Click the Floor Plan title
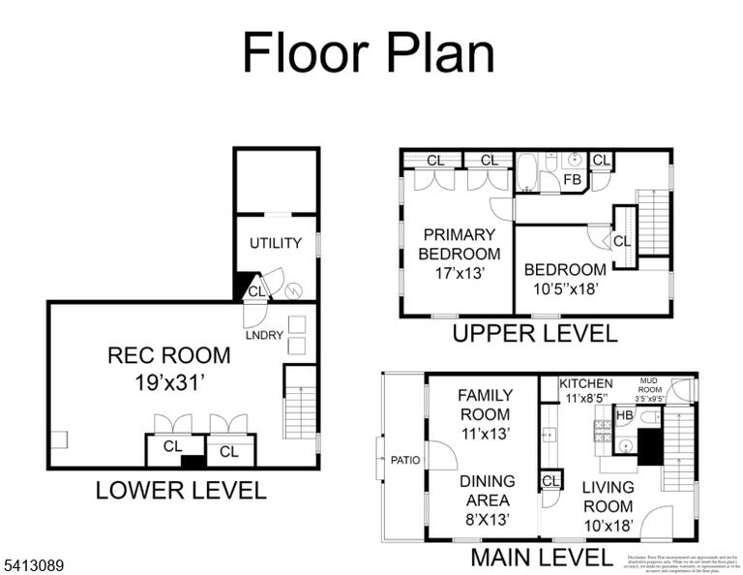pos(368,52)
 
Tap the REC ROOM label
pos(169,355)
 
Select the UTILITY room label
pos(276,243)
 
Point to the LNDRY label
pos(263,334)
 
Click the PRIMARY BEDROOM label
pos(459,244)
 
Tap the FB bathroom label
pos(572,180)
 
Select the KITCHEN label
pos(586,383)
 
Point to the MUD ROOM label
pos(648,383)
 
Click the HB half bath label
pos(624,415)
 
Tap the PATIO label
pos(405,460)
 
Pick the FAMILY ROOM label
pos(484,405)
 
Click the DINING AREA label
pos(487,490)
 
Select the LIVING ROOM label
pos(609,496)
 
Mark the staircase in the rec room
pos(300,401)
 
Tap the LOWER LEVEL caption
pos(180,491)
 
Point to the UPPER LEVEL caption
pos(534,334)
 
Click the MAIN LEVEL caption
pos(541,558)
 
